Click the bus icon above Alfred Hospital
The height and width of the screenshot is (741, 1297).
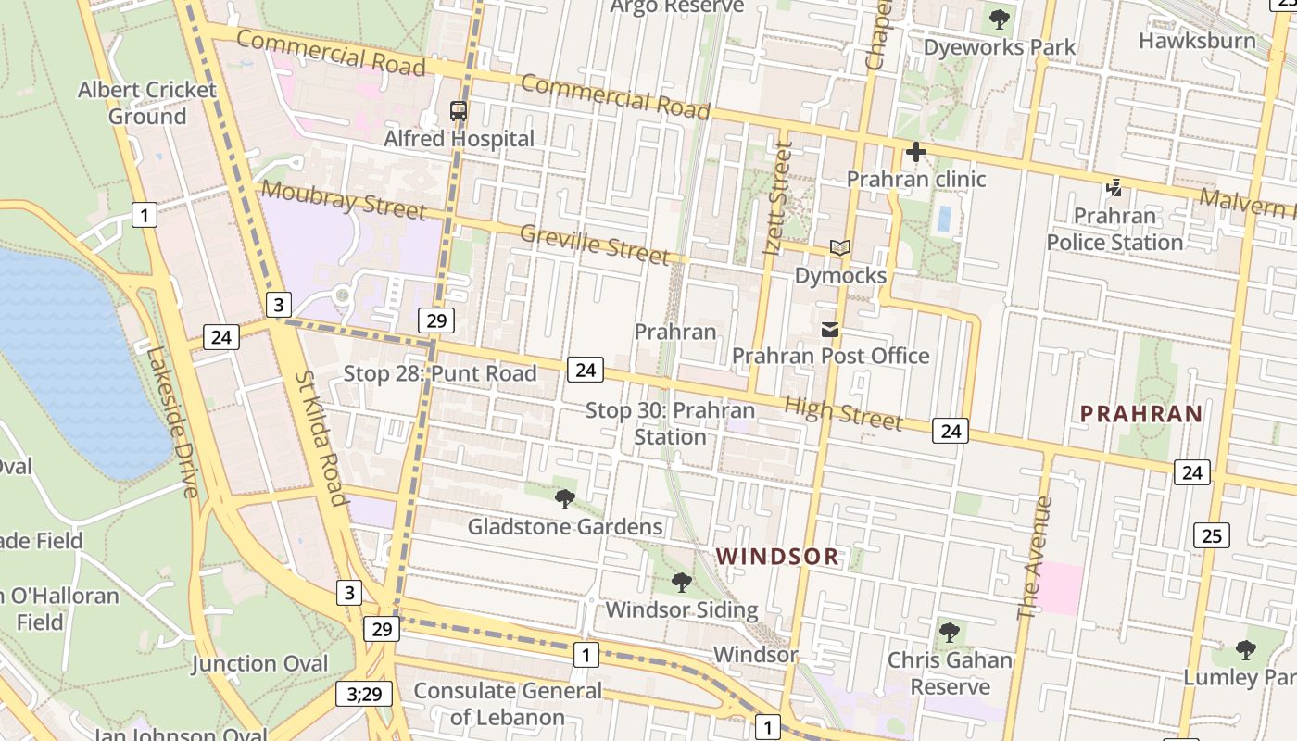pos(459,111)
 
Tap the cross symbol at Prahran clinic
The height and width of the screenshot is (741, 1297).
pos(916,151)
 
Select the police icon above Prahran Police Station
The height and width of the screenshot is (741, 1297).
pos(1114,188)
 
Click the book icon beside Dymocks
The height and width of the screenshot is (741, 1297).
pos(840,248)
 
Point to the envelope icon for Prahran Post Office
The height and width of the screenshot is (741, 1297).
pos(830,329)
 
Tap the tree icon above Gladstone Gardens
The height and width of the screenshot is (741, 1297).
pos(564,499)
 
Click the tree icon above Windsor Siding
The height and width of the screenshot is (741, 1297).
pos(681,583)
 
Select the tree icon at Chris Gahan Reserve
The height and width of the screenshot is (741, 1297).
pos(949,633)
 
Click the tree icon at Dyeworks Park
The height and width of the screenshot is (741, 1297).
pos(999,19)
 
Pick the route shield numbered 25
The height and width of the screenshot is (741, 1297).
pos(1212,534)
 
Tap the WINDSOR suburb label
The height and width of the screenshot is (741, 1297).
pos(778,557)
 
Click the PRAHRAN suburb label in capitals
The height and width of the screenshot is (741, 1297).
pos(1141,414)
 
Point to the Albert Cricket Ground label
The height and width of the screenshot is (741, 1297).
pos(146,103)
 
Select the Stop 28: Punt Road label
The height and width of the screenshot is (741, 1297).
pos(440,373)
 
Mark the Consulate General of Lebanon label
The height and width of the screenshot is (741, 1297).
pos(507,704)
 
